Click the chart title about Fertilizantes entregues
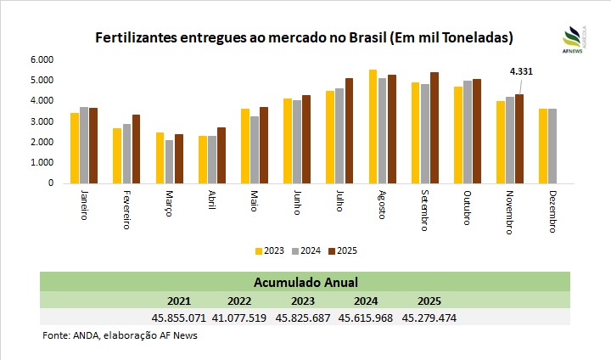[x=305, y=38]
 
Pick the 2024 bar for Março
[x=169, y=161]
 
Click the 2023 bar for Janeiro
[x=75, y=148]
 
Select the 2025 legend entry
[x=342, y=250]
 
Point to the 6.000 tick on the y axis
[x=41, y=59]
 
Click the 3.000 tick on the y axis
[x=41, y=121]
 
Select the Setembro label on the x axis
[x=424, y=212]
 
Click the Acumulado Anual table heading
[x=305, y=282]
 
